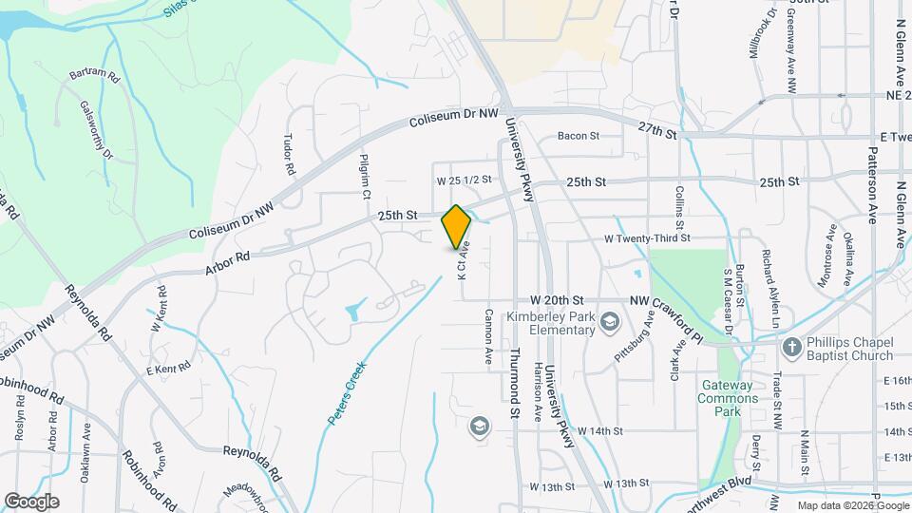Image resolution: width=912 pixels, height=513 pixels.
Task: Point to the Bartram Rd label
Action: click(x=93, y=74)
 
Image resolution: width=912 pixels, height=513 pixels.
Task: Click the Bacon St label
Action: click(x=578, y=136)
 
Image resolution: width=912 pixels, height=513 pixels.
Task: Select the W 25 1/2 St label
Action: click(x=464, y=180)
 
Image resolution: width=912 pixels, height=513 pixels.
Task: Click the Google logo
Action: click(x=31, y=501)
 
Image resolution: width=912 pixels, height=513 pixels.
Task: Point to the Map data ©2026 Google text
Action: click(x=851, y=505)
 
